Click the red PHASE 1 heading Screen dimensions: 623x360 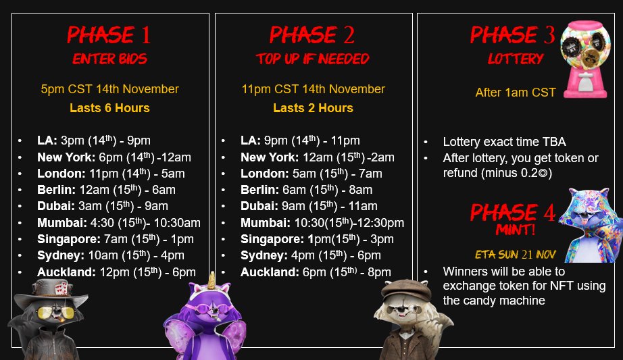109,34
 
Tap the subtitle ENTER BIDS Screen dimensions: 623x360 109,59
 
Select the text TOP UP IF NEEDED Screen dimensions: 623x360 313,59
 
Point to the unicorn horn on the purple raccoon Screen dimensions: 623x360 211,280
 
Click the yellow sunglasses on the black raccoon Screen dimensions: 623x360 55,313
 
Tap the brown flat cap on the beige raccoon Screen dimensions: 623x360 406,290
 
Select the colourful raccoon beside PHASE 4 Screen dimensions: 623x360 591,225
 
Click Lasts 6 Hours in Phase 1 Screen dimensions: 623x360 109,108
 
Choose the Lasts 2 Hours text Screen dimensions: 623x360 313,108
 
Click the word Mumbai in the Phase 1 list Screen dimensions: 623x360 61,223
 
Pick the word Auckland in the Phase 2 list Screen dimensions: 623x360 270,272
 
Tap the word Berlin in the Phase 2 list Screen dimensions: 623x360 259,190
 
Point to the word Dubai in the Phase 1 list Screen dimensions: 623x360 55,206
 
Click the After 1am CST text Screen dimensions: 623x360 516,93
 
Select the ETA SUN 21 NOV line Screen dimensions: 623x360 516,255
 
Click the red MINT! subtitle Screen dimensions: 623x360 516,230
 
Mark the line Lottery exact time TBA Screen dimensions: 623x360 504,142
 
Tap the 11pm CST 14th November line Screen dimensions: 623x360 313,89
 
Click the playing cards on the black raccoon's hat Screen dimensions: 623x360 61,288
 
